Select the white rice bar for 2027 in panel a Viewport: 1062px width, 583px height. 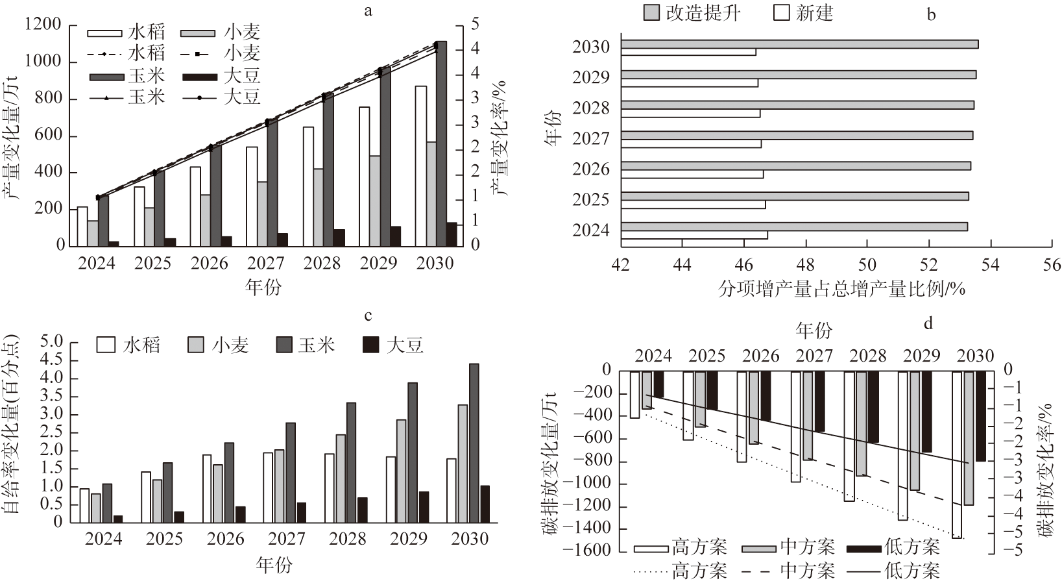point(252,196)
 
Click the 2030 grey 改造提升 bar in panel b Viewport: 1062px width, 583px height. point(799,44)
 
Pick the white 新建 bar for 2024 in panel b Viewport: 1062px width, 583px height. point(694,235)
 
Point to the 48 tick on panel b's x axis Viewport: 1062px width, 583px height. point(806,265)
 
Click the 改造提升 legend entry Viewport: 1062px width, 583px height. point(692,12)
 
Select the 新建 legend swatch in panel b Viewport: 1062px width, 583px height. point(781,12)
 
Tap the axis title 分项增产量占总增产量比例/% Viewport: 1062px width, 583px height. point(841,289)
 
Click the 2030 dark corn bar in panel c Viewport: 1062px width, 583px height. point(474,443)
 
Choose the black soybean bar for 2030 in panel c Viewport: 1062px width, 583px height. point(484,504)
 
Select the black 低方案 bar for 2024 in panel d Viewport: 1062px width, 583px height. point(658,384)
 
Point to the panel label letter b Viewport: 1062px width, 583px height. point(931,14)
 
